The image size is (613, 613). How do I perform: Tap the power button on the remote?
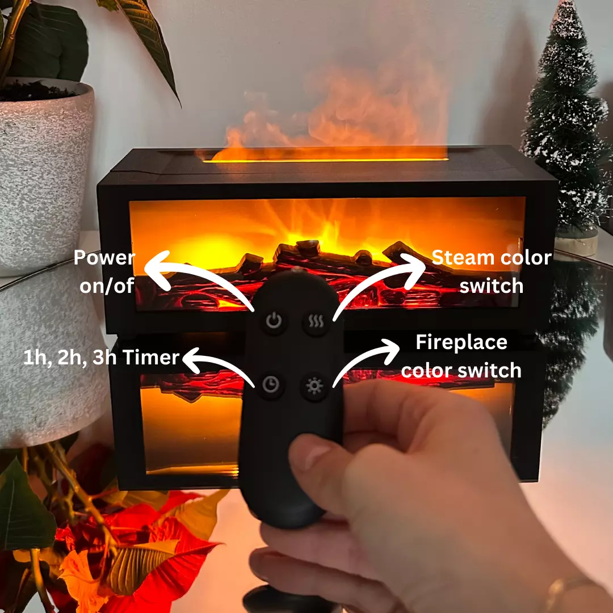[x=274, y=321]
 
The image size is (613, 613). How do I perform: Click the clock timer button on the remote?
[x=271, y=385]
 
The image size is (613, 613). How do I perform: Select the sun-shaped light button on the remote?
[x=314, y=387]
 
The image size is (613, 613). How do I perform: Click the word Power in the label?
[x=104, y=258]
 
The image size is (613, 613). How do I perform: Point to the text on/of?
[x=107, y=285]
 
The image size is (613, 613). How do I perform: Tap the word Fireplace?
[x=461, y=342]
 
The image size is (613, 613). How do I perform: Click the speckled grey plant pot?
[x=44, y=172]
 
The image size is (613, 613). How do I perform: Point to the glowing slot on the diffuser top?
[x=325, y=159]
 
